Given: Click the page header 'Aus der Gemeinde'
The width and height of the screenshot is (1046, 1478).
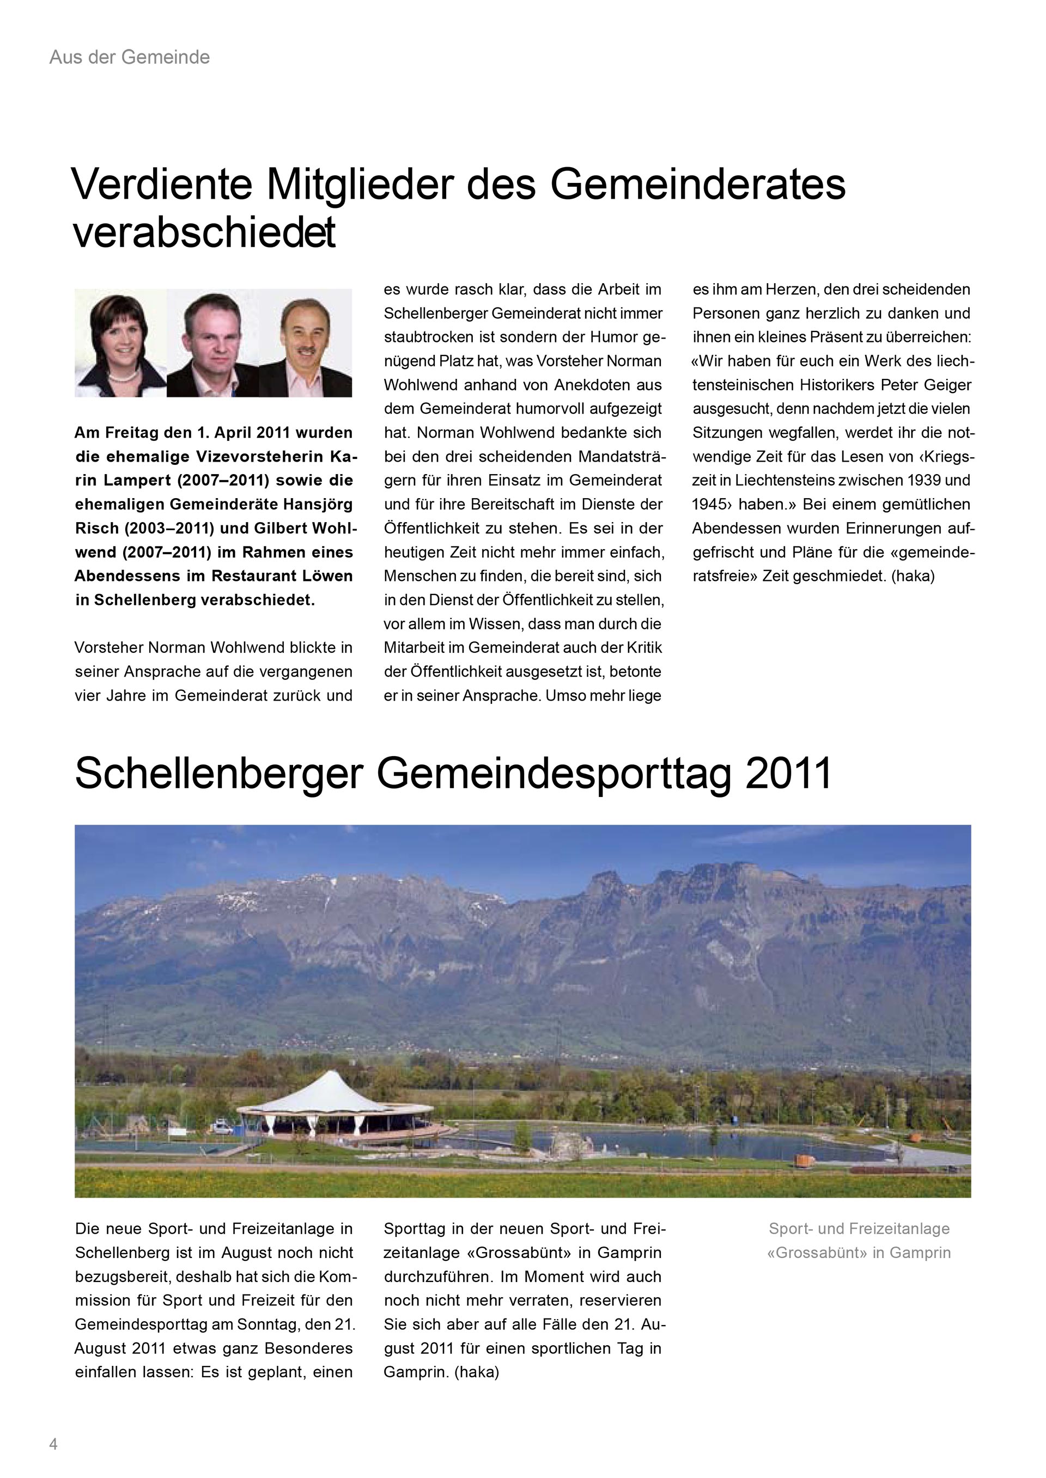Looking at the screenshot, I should (130, 57).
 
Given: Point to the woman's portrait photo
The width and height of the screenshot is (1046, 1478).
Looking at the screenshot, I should (120, 342).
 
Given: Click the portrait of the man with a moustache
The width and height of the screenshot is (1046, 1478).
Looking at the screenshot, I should (305, 342).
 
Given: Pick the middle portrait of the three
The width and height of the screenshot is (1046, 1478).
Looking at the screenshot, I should (212, 342).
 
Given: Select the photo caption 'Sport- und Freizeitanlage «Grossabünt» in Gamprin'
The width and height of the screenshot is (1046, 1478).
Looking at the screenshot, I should (859, 1241).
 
